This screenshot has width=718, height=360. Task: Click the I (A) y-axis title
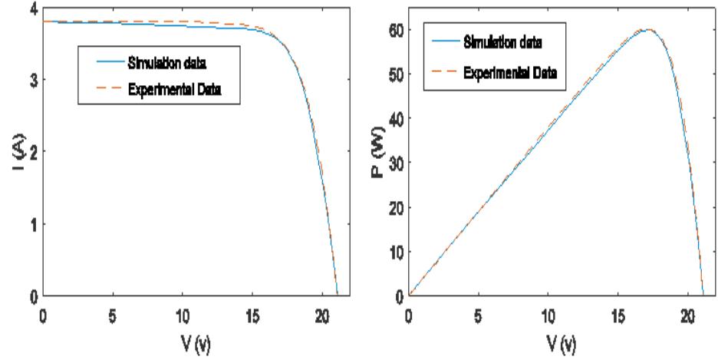[17, 153]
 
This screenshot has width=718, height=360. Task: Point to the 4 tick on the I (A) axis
[31, 8]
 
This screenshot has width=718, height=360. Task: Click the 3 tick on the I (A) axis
[31, 80]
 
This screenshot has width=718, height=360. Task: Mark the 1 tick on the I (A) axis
[31, 224]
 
